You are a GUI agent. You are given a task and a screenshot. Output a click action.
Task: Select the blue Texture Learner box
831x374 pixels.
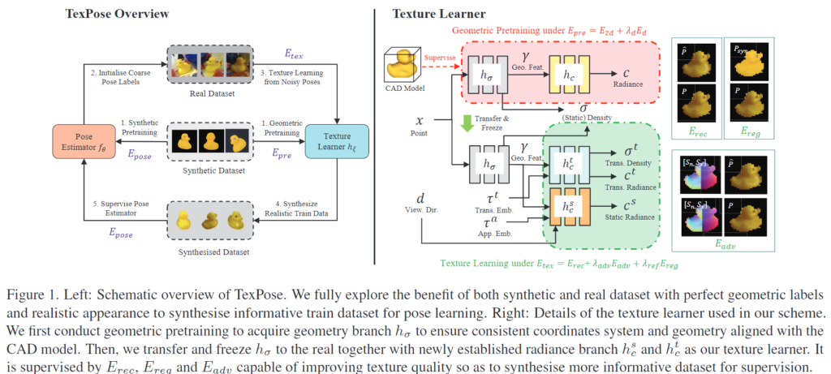point(337,141)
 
